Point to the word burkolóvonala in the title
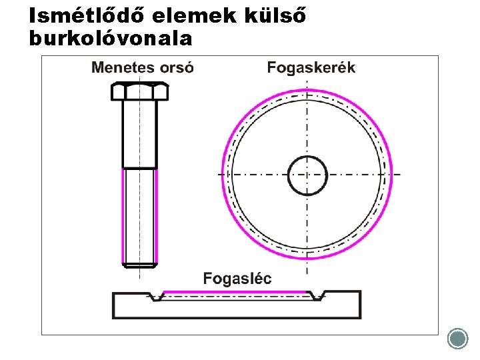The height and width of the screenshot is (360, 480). (111, 39)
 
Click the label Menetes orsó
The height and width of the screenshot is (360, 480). (143, 67)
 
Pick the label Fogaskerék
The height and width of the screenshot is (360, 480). (311, 67)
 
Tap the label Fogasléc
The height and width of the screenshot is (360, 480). (237, 279)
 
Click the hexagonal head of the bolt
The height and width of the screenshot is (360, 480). (139, 91)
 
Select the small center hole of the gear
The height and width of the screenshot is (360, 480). (307, 175)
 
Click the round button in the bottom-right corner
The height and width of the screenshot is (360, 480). (458, 339)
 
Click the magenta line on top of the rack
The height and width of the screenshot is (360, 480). (237, 292)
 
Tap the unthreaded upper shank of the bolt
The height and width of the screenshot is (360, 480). (140, 133)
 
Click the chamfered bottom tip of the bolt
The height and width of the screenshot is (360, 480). (140, 265)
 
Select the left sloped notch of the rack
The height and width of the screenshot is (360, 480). (155, 296)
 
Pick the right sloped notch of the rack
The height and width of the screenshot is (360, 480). (318, 296)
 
